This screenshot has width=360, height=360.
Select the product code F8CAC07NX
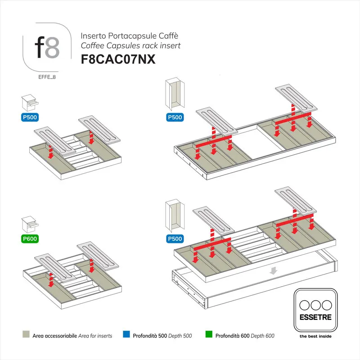(x=117, y=60)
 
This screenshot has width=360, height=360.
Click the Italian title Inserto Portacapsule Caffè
(x=124, y=36)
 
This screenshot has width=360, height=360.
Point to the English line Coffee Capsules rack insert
(x=130, y=45)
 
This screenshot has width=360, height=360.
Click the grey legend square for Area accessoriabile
(x=26, y=335)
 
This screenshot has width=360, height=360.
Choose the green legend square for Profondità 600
(x=209, y=335)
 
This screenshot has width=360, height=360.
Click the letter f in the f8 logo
(x=40, y=48)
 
